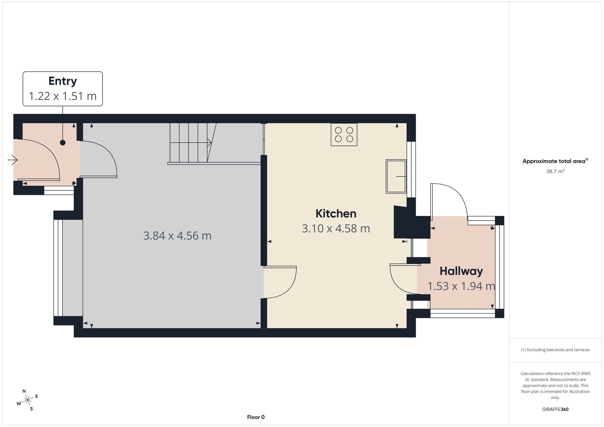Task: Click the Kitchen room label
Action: click(x=336, y=213)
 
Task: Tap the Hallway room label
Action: click(x=461, y=271)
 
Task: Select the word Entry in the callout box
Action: click(x=63, y=81)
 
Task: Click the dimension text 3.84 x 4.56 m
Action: click(x=177, y=236)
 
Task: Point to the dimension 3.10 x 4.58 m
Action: click(x=336, y=228)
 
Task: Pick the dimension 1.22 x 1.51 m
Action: click(x=63, y=96)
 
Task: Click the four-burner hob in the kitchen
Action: click(x=344, y=135)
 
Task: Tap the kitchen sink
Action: click(x=396, y=176)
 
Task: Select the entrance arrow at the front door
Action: click(x=13, y=160)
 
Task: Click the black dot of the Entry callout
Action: click(x=63, y=143)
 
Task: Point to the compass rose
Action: click(x=27, y=400)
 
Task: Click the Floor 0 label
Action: click(x=256, y=417)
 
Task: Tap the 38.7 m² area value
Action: click(x=555, y=171)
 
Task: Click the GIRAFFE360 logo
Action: click(x=555, y=409)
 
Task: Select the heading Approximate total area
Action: click(x=555, y=161)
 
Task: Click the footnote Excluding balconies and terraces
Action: click(x=555, y=350)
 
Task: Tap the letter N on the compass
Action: click(x=24, y=391)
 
